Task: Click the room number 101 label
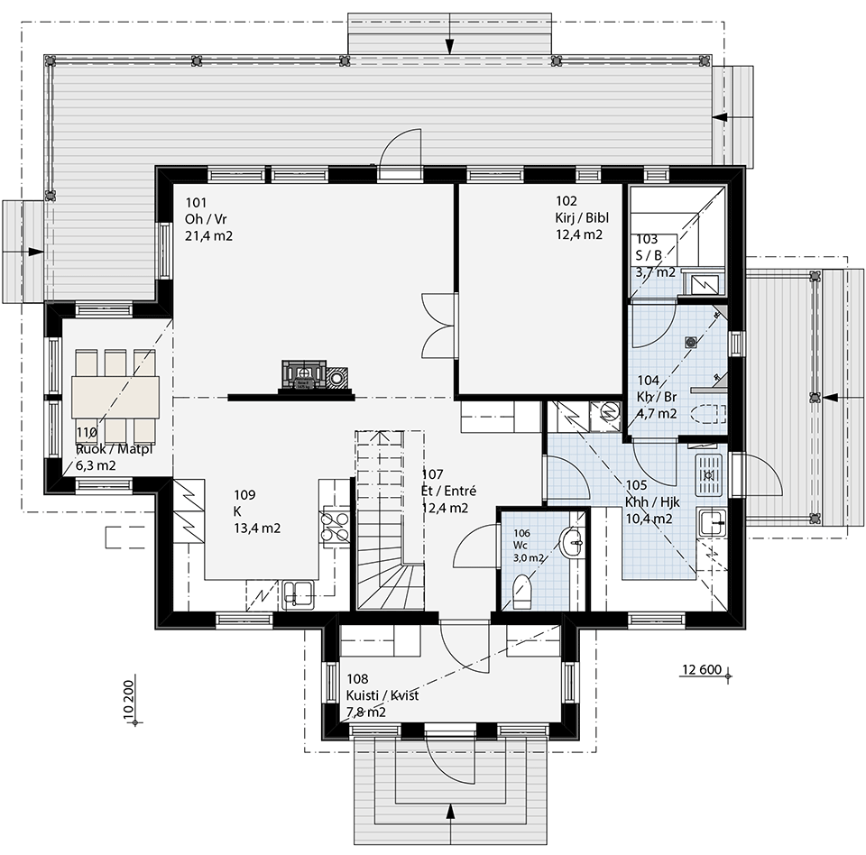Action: click(196, 202)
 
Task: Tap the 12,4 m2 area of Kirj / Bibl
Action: click(578, 234)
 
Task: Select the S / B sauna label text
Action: click(649, 255)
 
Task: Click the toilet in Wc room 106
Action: click(522, 592)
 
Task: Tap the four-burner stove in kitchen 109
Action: click(335, 526)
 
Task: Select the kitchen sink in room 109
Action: click(298, 595)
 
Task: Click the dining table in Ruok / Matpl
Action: click(115, 397)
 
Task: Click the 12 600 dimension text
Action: click(702, 669)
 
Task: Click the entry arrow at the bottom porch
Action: click(450, 823)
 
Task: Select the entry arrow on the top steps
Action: click(450, 32)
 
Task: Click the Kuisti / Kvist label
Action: click(382, 695)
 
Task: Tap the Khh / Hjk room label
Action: click(652, 502)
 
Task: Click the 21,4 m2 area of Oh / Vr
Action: click(208, 235)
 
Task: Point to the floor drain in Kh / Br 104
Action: click(692, 342)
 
